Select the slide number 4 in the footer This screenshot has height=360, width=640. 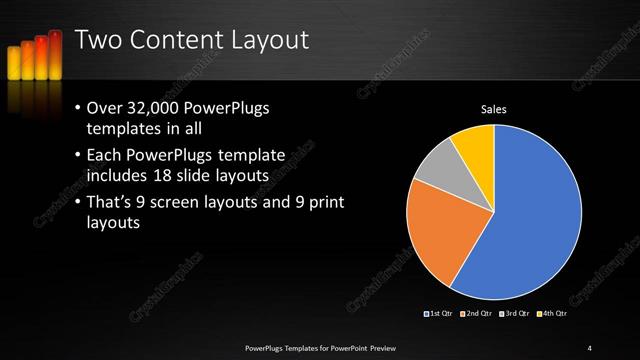click(x=590, y=347)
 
